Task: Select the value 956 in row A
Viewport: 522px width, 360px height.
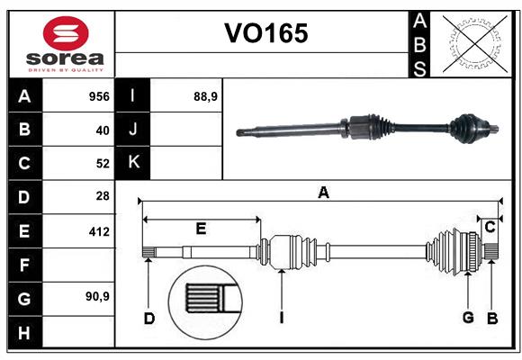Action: (98, 96)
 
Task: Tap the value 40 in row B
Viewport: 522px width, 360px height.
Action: (102, 130)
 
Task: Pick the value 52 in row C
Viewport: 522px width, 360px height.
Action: (102, 163)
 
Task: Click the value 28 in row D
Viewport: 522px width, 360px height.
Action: (102, 196)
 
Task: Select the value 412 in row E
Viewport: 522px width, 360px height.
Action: (98, 230)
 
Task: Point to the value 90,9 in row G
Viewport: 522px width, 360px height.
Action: (97, 296)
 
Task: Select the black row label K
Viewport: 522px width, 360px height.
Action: (133, 163)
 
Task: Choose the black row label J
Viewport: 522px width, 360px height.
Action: (133, 130)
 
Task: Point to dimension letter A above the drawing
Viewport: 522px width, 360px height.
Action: (323, 191)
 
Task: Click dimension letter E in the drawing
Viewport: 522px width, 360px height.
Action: (201, 229)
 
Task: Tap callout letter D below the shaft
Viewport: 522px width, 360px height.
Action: (149, 318)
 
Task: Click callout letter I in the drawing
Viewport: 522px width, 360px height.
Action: (282, 318)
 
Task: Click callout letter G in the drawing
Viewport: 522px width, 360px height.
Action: (468, 318)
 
